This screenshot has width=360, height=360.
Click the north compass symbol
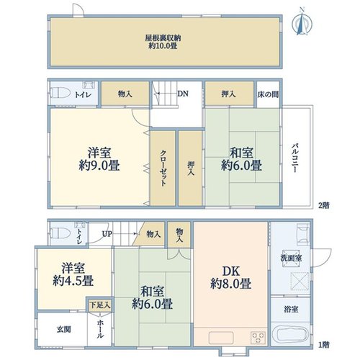[x=302, y=22]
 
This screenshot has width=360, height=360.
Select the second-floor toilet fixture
[x=60, y=94]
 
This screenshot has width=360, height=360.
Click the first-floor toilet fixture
[x=60, y=233]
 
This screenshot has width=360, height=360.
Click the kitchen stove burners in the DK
[x=258, y=337]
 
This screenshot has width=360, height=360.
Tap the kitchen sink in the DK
[x=221, y=338]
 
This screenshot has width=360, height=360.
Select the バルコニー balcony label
[x=295, y=158]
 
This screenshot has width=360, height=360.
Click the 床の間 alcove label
[x=268, y=94]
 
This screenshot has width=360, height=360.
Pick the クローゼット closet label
[x=163, y=168]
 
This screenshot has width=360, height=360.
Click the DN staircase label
[x=183, y=94]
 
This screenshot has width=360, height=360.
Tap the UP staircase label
[x=107, y=233]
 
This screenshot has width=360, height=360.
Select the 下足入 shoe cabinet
[x=100, y=305]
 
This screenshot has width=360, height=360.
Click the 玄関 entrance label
[x=64, y=329]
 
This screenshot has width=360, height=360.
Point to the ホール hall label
[x=100, y=329]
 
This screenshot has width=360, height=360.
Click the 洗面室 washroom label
[x=291, y=258]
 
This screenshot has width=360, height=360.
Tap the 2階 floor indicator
[x=324, y=205]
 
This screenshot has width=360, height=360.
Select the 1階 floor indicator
[x=324, y=345]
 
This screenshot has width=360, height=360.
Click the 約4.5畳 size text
[x=73, y=281]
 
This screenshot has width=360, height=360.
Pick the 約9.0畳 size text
[x=99, y=166]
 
